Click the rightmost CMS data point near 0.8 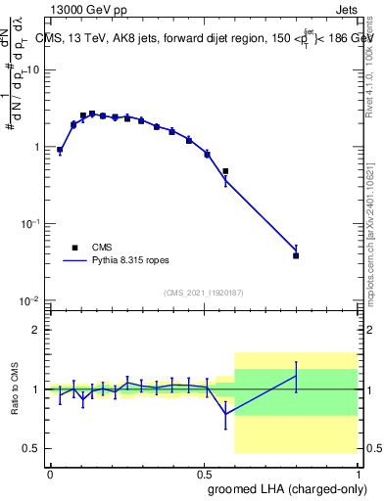point(296,255)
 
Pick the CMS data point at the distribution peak point(92,114)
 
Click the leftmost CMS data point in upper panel point(60,150)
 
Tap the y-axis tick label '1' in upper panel point(37,147)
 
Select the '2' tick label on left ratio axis point(37,330)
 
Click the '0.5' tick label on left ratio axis point(32,448)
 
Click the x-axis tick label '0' point(50,473)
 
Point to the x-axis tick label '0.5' point(204,473)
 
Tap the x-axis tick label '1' point(357,473)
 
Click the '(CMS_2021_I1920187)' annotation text point(204,293)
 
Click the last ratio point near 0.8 point(296,376)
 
